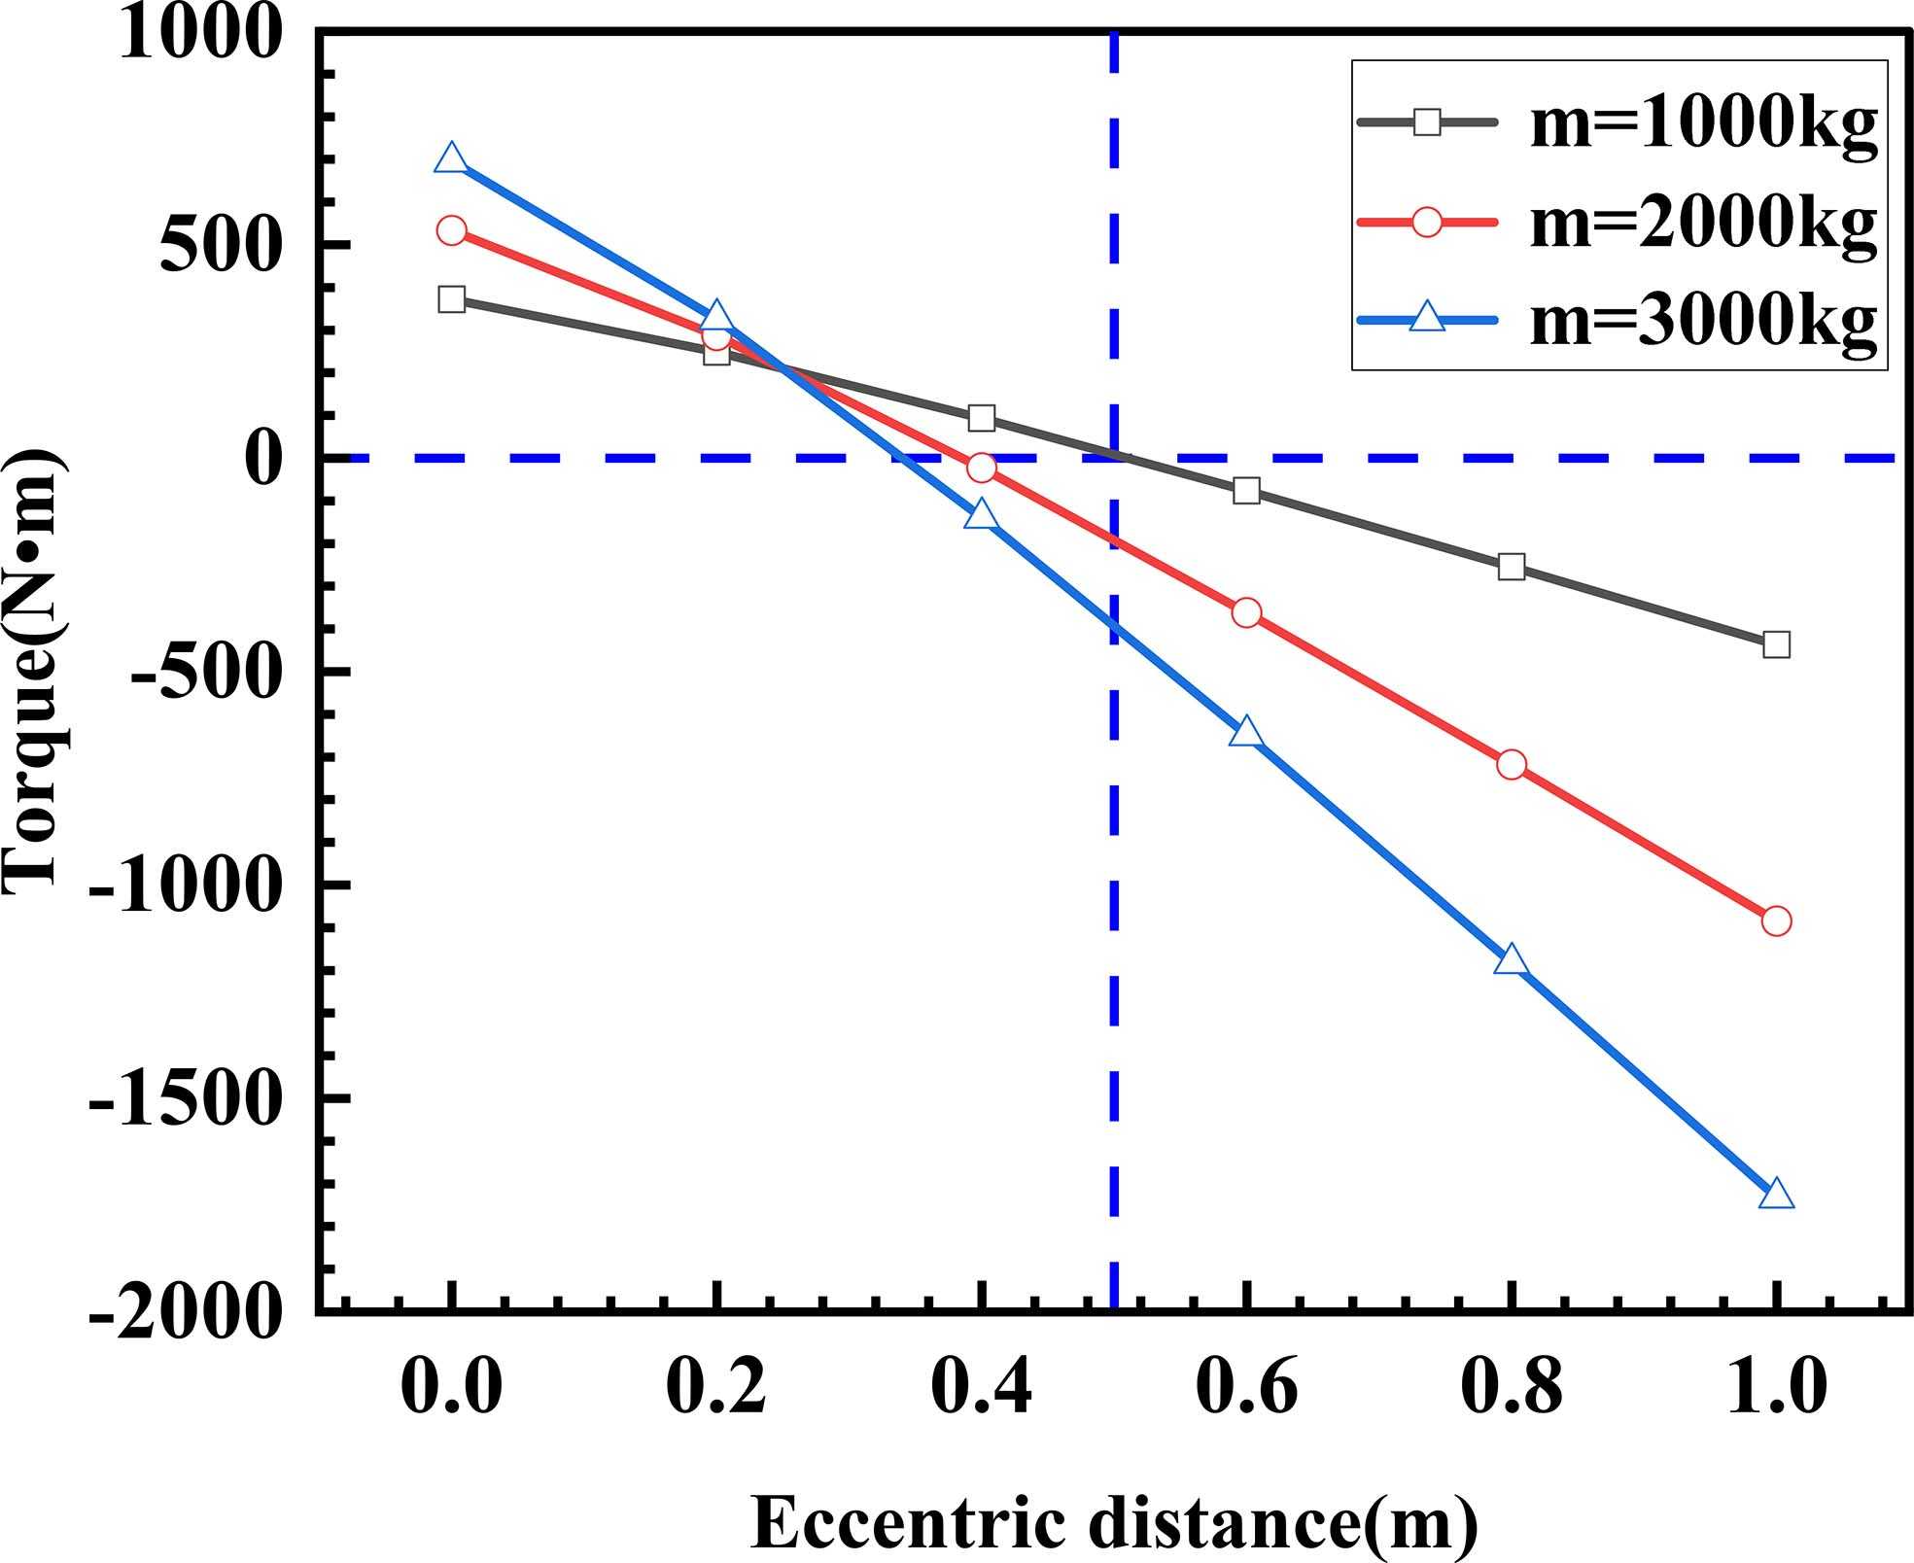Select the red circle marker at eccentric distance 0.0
coord(451,230)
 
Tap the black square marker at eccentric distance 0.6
coord(1246,491)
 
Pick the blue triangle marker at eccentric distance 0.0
coord(451,158)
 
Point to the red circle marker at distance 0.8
coord(1512,765)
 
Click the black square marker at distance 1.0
coord(1776,644)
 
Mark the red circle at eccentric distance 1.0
coord(1776,920)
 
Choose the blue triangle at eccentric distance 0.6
coord(1246,733)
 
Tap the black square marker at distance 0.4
coord(982,418)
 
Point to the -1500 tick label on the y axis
coord(185,1099)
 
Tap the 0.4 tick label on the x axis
coord(982,1387)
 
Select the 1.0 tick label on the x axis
coord(1776,1387)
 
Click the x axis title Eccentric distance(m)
coord(1114,1523)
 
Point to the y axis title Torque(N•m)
coord(35,671)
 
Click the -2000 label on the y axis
coord(185,1314)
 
